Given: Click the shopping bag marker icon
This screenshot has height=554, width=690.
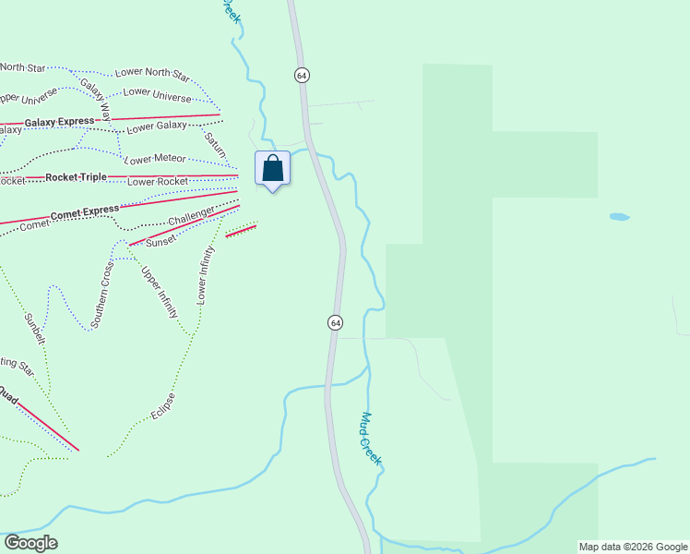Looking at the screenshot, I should tap(272, 168).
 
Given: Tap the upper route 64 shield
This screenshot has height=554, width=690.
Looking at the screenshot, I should tap(301, 74).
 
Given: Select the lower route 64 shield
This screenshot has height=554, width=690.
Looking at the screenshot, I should tap(335, 322).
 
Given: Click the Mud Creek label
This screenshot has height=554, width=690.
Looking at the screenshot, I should tap(372, 439).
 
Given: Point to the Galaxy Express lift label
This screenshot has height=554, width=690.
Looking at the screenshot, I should tap(60, 122).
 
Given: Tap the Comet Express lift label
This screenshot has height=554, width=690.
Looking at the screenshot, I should tap(85, 212).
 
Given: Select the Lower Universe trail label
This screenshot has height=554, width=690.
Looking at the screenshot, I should tap(158, 94).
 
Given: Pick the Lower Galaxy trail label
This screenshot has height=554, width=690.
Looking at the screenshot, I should tap(157, 126).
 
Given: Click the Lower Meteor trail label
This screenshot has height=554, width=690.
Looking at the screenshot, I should tap(155, 159).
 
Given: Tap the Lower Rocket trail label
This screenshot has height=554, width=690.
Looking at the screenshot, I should tap(158, 181).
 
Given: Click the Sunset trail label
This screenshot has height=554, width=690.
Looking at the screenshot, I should tap(161, 242).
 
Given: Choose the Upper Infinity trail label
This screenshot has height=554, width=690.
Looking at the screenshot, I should tap(159, 293).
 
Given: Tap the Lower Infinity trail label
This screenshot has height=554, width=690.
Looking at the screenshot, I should tap(207, 275).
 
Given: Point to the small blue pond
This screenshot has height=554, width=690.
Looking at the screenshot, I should tap(619, 217).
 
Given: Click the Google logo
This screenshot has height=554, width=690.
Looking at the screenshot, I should tap(30, 543).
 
